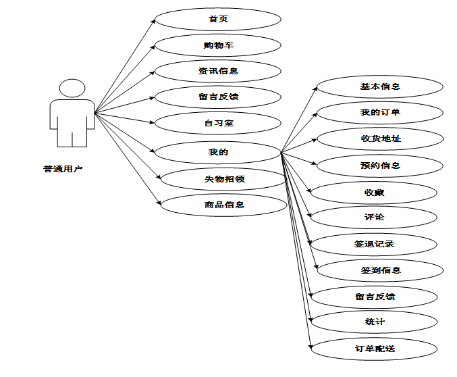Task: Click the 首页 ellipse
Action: pyautogui.click(x=218, y=19)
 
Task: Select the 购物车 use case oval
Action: pyautogui.click(x=218, y=45)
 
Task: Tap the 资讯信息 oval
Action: pyautogui.click(x=218, y=71)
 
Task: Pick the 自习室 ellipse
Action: pyautogui.click(x=218, y=123)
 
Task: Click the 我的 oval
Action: pyautogui.click(x=218, y=152)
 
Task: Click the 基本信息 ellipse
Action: pyautogui.click(x=380, y=86)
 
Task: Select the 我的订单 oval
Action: pyautogui.click(x=380, y=112)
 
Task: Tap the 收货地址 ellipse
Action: pyautogui.click(x=380, y=139)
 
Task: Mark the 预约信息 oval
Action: pyautogui.click(x=380, y=166)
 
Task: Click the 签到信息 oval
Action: pyautogui.click(x=380, y=270)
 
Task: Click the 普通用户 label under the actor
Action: pyautogui.click(x=63, y=169)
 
